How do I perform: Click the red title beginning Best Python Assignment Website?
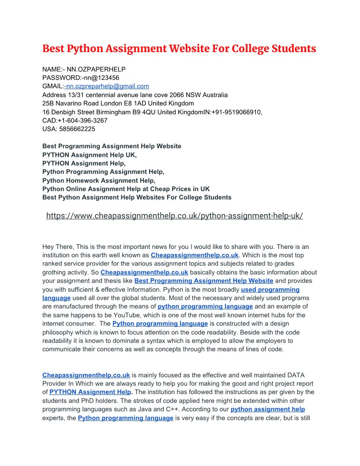pos(179,49)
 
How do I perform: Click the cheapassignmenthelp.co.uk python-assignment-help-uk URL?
pos(174,216)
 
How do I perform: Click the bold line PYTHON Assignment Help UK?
pos(90,155)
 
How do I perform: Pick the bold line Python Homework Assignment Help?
pos(99,180)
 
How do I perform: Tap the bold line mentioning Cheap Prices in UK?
pos(126,189)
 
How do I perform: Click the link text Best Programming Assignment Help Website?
pos(204,281)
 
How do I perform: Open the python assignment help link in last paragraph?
pos(268,410)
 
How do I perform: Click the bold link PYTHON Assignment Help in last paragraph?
pos(90,392)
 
